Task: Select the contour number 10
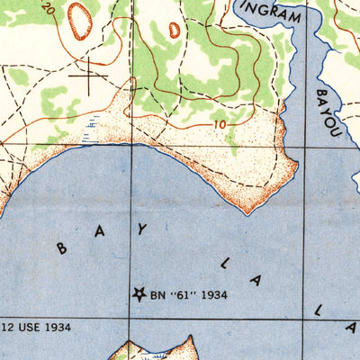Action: pos(220,123)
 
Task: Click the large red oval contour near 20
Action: pos(80,20)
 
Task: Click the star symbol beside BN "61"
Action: pos(139,293)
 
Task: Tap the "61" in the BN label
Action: pos(185,293)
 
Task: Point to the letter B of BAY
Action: pos(62,249)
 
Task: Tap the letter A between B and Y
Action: pos(101,231)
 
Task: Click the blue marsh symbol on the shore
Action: pos(87,132)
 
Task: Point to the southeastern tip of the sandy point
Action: pos(248,211)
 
